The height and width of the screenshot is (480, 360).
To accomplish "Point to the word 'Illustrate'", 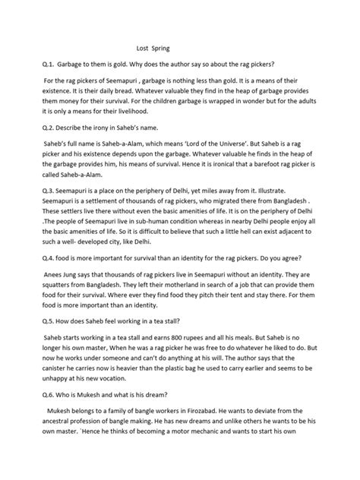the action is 296,213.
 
